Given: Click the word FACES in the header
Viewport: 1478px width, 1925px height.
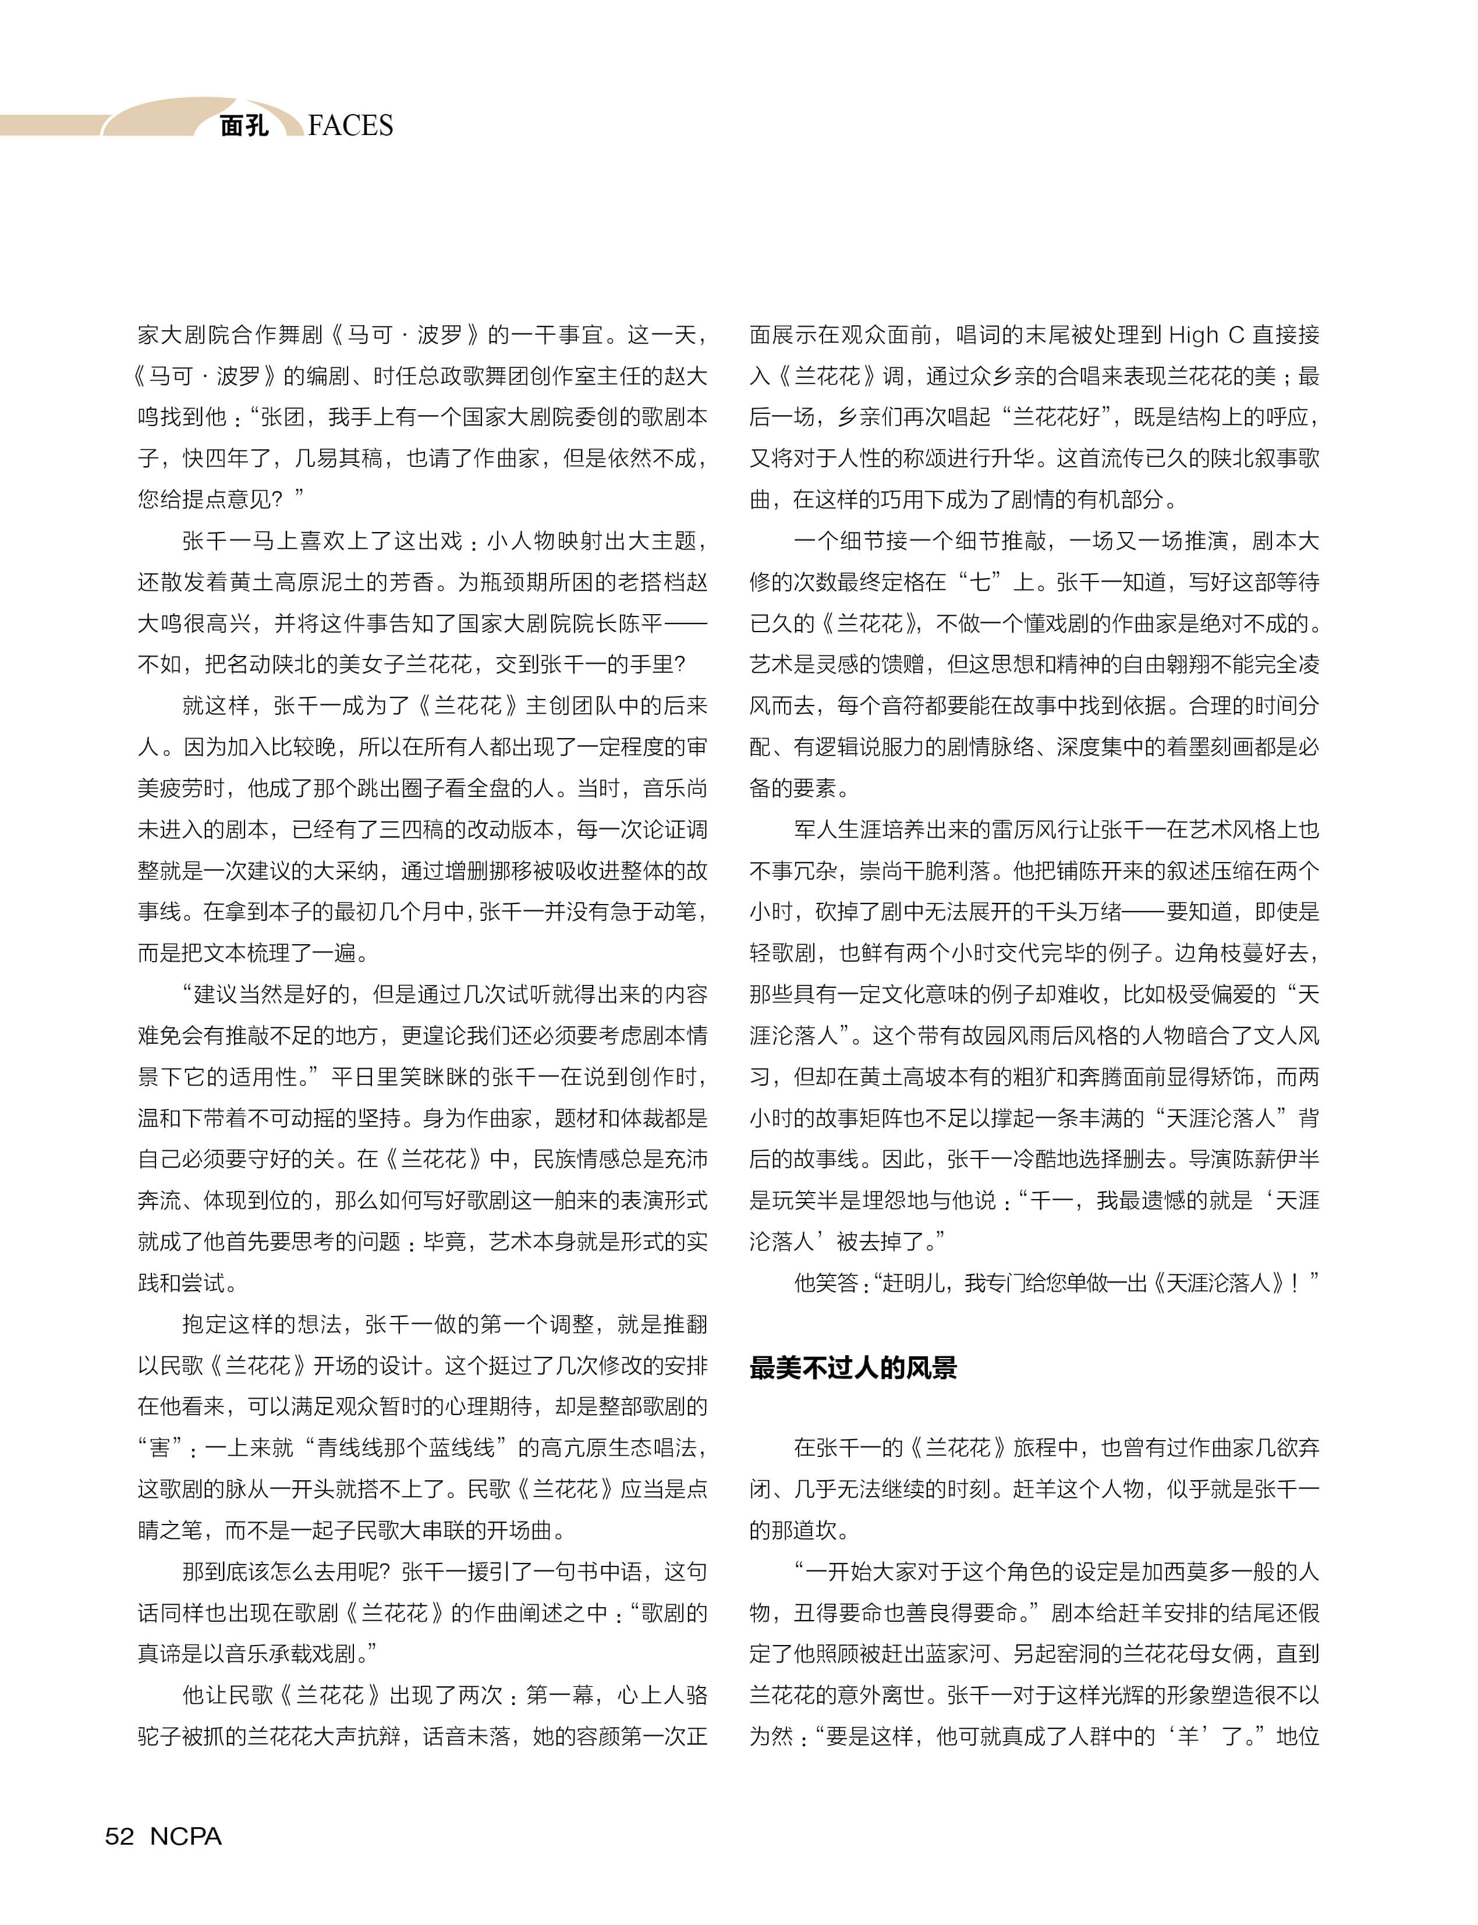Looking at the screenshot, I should pos(350,126).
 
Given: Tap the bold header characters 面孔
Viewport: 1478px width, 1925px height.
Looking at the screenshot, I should pos(244,126).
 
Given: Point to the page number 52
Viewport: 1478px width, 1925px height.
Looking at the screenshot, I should pos(120,1836).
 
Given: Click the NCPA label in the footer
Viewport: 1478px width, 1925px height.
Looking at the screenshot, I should pos(186,1836).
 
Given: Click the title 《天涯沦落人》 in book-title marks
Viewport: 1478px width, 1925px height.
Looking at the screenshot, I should pos(1215,1283).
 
